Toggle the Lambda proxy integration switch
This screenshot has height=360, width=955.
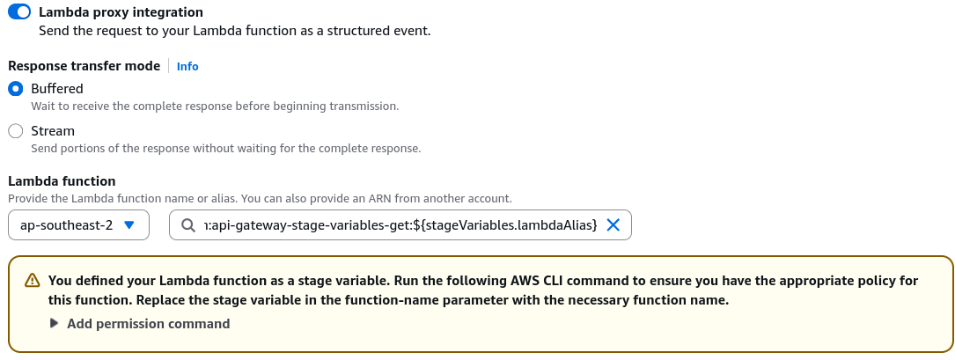[18, 11]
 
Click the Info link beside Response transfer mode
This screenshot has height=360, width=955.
[187, 66]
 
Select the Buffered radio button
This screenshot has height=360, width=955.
[15, 89]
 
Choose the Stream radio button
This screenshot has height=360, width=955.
[15, 131]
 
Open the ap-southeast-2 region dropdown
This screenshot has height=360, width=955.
[78, 225]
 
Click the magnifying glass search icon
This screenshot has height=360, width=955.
[188, 225]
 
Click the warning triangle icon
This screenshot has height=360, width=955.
[32, 281]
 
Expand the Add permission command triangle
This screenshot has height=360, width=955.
[55, 323]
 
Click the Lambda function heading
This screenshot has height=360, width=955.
[62, 181]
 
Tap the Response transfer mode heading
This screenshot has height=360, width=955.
[84, 66]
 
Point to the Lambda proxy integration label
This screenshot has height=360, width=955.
[121, 12]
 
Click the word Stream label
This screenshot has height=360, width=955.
[53, 131]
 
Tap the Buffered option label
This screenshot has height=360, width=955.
[57, 89]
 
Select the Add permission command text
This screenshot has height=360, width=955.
[149, 323]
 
